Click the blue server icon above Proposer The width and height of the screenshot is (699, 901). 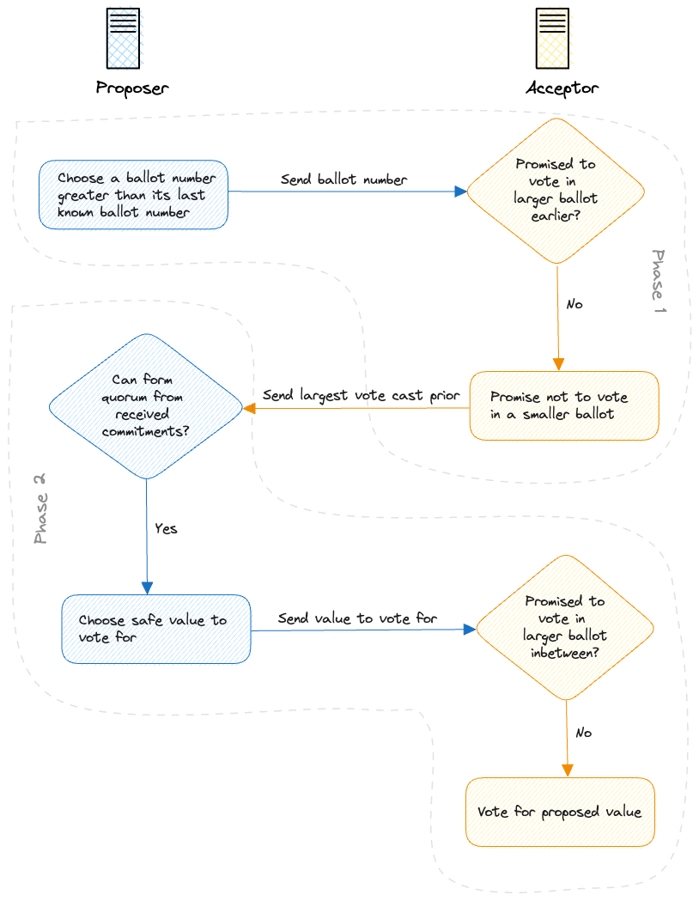tap(123, 39)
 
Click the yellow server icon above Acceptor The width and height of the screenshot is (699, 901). tap(552, 39)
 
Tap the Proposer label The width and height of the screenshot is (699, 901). tap(131, 88)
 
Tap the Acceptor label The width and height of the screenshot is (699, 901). tap(562, 88)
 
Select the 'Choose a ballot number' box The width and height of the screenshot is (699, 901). tap(133, 195)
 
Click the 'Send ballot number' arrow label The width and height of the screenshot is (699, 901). tap(343, 180)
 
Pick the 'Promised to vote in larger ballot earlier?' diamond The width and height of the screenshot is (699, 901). tap(555, 191)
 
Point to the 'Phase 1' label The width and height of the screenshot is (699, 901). tap(659, 281)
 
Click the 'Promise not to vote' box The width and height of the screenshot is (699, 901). tap(563, 406)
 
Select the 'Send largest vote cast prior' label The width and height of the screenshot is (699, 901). tap(361, 396)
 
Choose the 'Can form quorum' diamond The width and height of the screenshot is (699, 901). tap(146, 405)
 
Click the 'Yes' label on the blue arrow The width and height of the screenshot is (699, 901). tap(166, 528)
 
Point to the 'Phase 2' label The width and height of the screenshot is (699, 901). tap(40, 509)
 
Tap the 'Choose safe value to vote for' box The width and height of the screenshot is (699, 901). tap(155, 629)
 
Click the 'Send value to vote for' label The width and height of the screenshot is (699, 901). tap(357, 618)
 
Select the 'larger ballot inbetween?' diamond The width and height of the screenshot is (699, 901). tap(565, 627)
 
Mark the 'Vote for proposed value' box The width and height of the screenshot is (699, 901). tap(560, 812)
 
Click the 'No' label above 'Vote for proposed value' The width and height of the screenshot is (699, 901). tap(583, 733)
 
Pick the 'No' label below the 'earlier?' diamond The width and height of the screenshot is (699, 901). tap(574, 304)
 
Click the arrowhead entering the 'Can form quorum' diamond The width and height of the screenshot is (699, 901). tap(251, 408)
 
